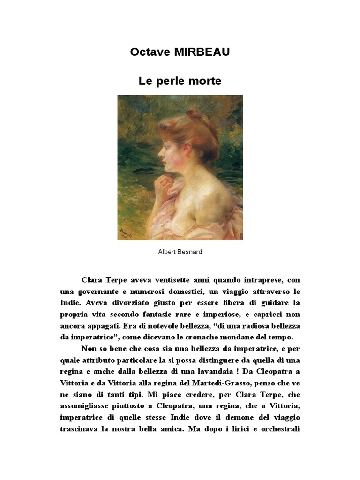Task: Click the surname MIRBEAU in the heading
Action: pos(202,52)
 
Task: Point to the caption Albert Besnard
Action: pos(180,252)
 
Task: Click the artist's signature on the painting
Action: pos(125,231)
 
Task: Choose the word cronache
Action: pos(213,337)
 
